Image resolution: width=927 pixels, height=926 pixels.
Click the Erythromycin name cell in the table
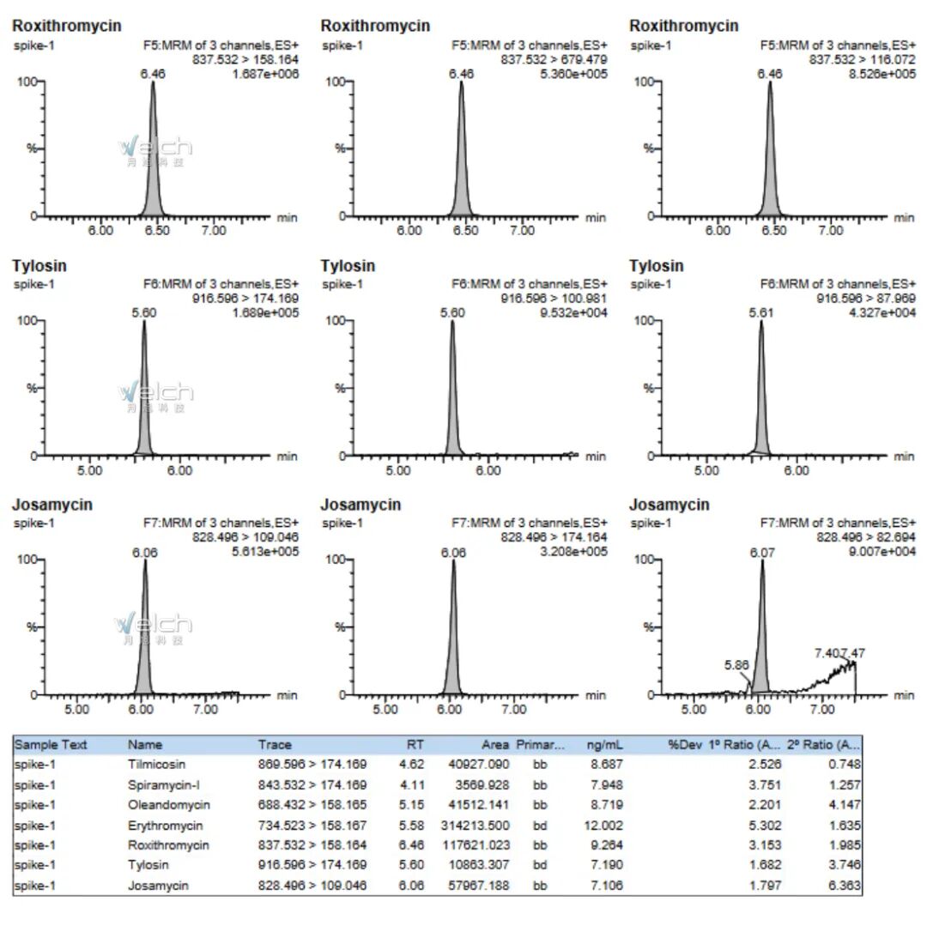(x=165, y=826)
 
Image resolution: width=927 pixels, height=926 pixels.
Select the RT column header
(x=415, y=745)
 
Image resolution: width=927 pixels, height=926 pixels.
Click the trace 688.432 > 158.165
(x=312, y=805)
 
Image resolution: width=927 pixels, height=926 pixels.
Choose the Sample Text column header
(x=51, y=745)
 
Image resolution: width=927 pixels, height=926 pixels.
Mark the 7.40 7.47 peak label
(x=839, y=653)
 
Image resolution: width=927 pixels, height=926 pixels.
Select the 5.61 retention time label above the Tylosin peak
(x=760, y=313)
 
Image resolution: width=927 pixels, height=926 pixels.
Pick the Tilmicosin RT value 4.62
(x=414, y=765)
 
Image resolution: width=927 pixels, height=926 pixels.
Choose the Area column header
(x=496, y=745)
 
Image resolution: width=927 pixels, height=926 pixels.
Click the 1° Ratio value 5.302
(x=765, y=826)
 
